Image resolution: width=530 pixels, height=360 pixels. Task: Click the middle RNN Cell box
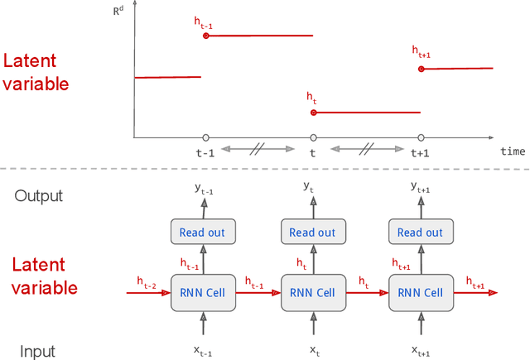pos(313,293)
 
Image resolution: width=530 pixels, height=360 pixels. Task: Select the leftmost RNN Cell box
pos(203,293)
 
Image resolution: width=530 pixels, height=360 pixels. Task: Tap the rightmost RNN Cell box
pos(421,293)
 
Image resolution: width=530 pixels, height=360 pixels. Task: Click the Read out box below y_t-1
pos(203,233)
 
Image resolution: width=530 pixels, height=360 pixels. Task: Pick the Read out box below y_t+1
pos(421,233)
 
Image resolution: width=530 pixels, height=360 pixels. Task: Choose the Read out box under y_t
pos(313,233)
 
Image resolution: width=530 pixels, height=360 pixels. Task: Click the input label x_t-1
pos(204,351)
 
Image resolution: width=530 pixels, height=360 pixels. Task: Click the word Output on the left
pos(38,196)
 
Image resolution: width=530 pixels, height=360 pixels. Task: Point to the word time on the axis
pos(512,151)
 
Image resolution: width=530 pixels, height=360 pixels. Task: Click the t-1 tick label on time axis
pos(205,153)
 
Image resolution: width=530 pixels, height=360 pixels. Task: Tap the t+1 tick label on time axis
pos(422,153)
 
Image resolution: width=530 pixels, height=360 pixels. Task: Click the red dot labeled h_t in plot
pos(313,113)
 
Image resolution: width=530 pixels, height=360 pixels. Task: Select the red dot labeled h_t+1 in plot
pos(421,70)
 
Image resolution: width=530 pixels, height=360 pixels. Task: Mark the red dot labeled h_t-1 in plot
pos(205,36)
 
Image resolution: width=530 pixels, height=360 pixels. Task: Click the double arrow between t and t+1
pos(367,148)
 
